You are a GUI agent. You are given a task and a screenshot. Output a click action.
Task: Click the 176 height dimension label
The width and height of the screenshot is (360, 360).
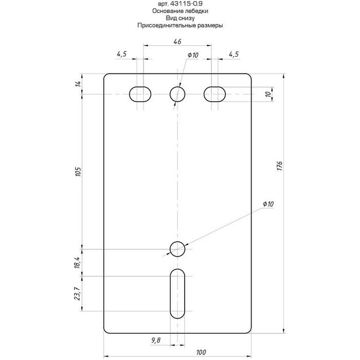(279, 166)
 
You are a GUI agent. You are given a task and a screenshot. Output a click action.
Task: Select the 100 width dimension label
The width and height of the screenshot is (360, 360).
(201, 352)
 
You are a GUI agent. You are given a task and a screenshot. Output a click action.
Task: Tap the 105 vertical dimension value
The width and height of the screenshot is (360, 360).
(78, 171)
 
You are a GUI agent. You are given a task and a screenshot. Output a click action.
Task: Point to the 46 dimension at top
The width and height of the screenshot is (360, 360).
(177, 41)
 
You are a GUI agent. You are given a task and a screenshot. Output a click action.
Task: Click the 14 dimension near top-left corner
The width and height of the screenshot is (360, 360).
(78, 84)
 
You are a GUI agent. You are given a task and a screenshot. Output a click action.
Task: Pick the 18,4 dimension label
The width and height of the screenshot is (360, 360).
(77, 262)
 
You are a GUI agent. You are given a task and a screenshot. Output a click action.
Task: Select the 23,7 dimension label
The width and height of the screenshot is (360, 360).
(77, 294)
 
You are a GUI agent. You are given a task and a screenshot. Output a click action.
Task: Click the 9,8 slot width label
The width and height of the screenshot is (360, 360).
(156, 340)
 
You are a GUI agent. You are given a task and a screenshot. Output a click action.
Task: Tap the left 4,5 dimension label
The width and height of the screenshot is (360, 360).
(122, 54)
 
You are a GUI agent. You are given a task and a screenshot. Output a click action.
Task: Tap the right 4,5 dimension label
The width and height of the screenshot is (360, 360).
(233, 54)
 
